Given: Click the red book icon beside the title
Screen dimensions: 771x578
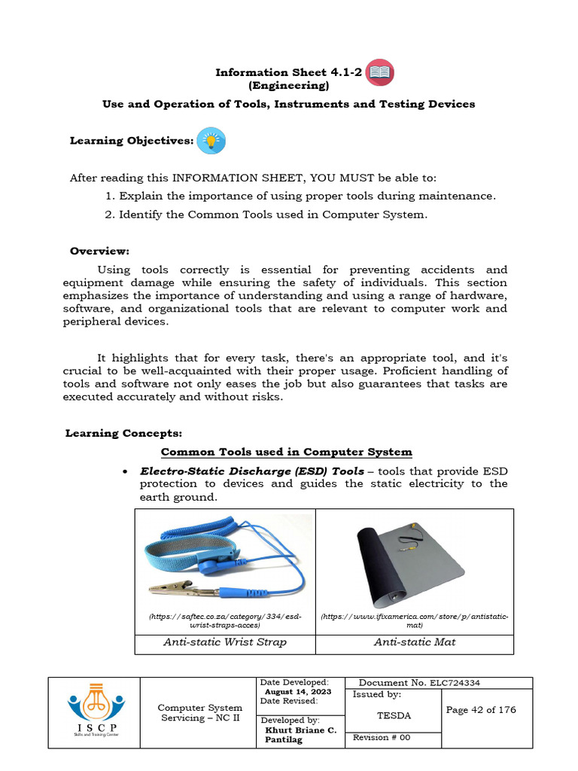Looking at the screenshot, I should pyautogui.click(x=379, y=73).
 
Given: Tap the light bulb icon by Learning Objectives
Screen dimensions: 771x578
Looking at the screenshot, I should pyautogui.click(x=211, y=141).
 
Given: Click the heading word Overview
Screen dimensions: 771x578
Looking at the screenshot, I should pyautogui.click(x=99, y=251).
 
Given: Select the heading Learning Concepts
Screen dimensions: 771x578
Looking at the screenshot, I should pyautogui.click(x=123, y=433).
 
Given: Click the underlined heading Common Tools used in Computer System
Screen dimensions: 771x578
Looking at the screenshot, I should pyautogui.click(x=287, y=452).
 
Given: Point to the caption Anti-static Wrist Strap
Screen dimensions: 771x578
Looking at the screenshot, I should pyautogui.click(x=225, y=642).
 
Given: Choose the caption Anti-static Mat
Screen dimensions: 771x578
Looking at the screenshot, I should pyautogui.click(x=414, y=642).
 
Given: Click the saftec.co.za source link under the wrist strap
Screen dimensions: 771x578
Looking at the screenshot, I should pyautogui.click(x=225, y=620).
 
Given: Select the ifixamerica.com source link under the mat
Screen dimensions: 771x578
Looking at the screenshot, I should pyautogui.click(x=414, y=620).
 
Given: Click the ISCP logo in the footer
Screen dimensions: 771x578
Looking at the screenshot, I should pyautogui.click(x=94, y=712).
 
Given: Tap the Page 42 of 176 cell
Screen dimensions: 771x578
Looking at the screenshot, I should pyautogui.click(x=481, y=710).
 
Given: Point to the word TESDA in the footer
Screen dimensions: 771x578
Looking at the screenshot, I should pyautogui.click(x=394, y=715).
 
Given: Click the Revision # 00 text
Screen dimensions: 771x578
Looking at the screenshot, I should pyautogui.click(x=382, y=738).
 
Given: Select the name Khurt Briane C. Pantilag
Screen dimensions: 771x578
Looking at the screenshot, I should pyautogui.click(x=300, y=736).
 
